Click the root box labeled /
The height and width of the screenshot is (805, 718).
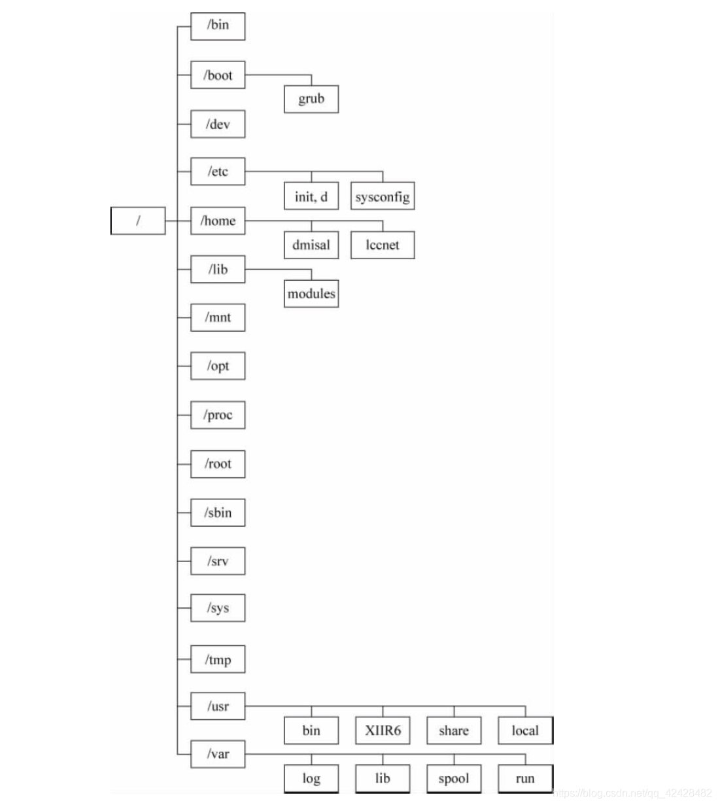138,221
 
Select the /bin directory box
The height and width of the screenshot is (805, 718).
218,26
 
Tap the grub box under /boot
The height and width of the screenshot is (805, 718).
311,99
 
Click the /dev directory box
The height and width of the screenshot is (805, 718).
218,124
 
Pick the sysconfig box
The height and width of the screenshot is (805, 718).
383,196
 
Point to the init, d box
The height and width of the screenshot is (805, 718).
311,196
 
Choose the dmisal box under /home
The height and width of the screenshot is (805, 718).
311,245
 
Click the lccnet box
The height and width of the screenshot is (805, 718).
383,245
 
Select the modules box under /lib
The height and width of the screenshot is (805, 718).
311,293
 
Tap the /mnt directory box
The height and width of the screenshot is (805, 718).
218,317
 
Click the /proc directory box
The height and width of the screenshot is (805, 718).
218,415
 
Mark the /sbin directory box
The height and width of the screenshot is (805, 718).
218,512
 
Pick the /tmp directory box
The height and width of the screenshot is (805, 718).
218,659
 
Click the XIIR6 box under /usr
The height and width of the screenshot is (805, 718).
383,730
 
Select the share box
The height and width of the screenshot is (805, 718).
454,730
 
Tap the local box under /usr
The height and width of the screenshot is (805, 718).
525,730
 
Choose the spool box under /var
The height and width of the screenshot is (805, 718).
454,779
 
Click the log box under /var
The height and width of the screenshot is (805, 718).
311,779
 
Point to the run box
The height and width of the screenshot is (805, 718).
525,779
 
